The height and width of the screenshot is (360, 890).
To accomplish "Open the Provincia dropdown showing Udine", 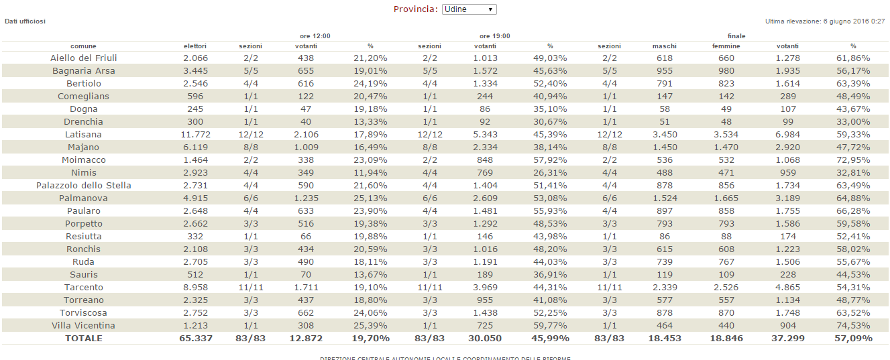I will click(x=469, y=9).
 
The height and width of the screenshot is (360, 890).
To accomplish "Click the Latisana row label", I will click(x=83, y=135).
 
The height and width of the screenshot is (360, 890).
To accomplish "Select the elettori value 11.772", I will click(x=195, y=135).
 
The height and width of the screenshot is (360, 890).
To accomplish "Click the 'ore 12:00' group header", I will click(x=315, y=36).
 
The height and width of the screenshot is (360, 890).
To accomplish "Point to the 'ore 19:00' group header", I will click(x=494, y=36).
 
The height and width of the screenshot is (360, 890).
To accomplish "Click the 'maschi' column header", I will click(x=664, y=46).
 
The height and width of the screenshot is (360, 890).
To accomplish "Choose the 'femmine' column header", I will click(x=726, y=46).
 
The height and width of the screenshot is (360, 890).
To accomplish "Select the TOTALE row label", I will click(x=83, y=339).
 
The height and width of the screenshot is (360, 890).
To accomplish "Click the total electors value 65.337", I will click(x=195, y=339).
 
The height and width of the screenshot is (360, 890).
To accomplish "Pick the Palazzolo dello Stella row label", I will click(x=83, y=186).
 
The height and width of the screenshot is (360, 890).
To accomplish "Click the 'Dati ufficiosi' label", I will click(x=25, y=21).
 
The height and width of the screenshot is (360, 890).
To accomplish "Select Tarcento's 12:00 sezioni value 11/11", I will click(x=250, y=288).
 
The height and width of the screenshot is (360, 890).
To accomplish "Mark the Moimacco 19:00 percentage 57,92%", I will click(x=549, y=160).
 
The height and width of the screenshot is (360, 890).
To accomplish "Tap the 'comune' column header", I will click(x=83, y=46).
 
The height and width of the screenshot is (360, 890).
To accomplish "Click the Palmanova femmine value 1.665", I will click(x=726, y=198).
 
